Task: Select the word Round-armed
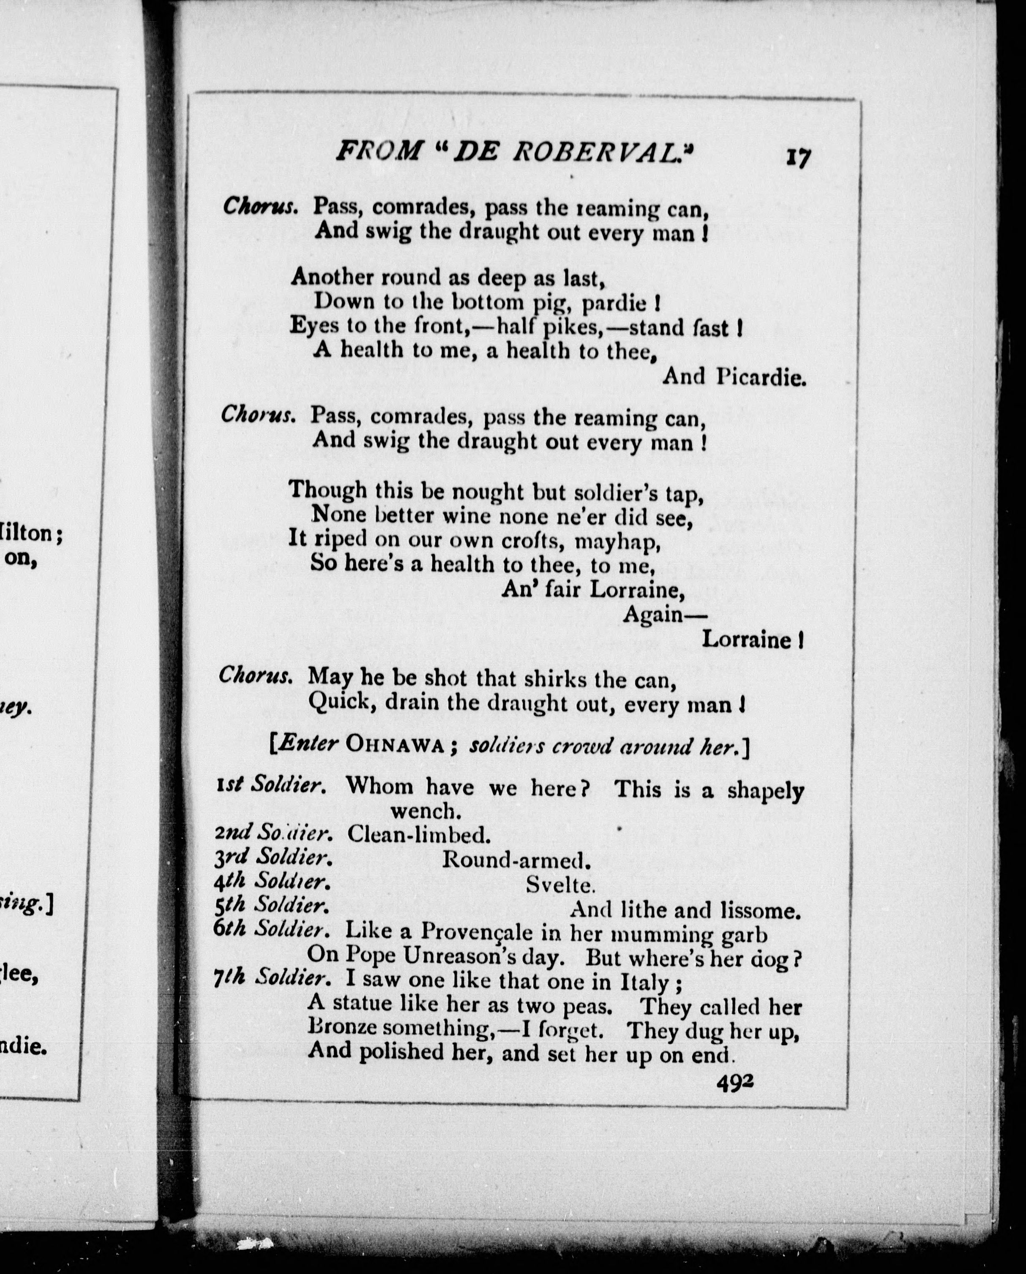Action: [x=516, y=859]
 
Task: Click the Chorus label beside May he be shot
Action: [x=256, y=675]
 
